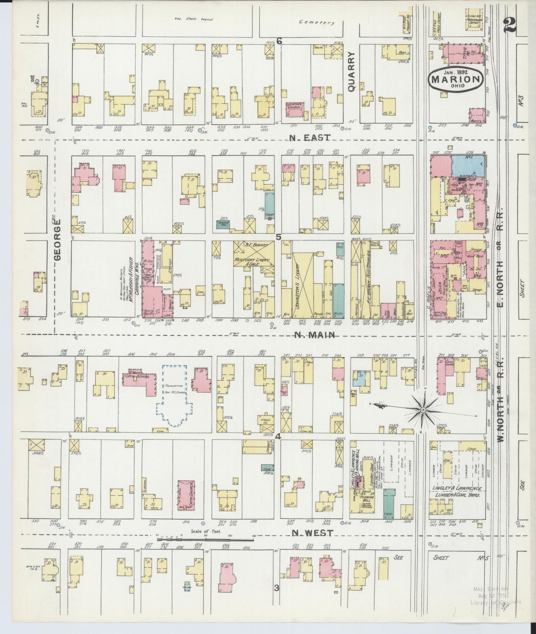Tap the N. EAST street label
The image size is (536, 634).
point(310,138)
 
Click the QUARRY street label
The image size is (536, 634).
point(352,72)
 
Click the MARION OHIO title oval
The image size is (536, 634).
point(456,79)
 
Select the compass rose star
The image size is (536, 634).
point(422,409)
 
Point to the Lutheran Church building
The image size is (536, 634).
point(295,110)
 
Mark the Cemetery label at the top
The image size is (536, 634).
point(317,23)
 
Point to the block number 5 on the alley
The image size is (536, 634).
point(278,237)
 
